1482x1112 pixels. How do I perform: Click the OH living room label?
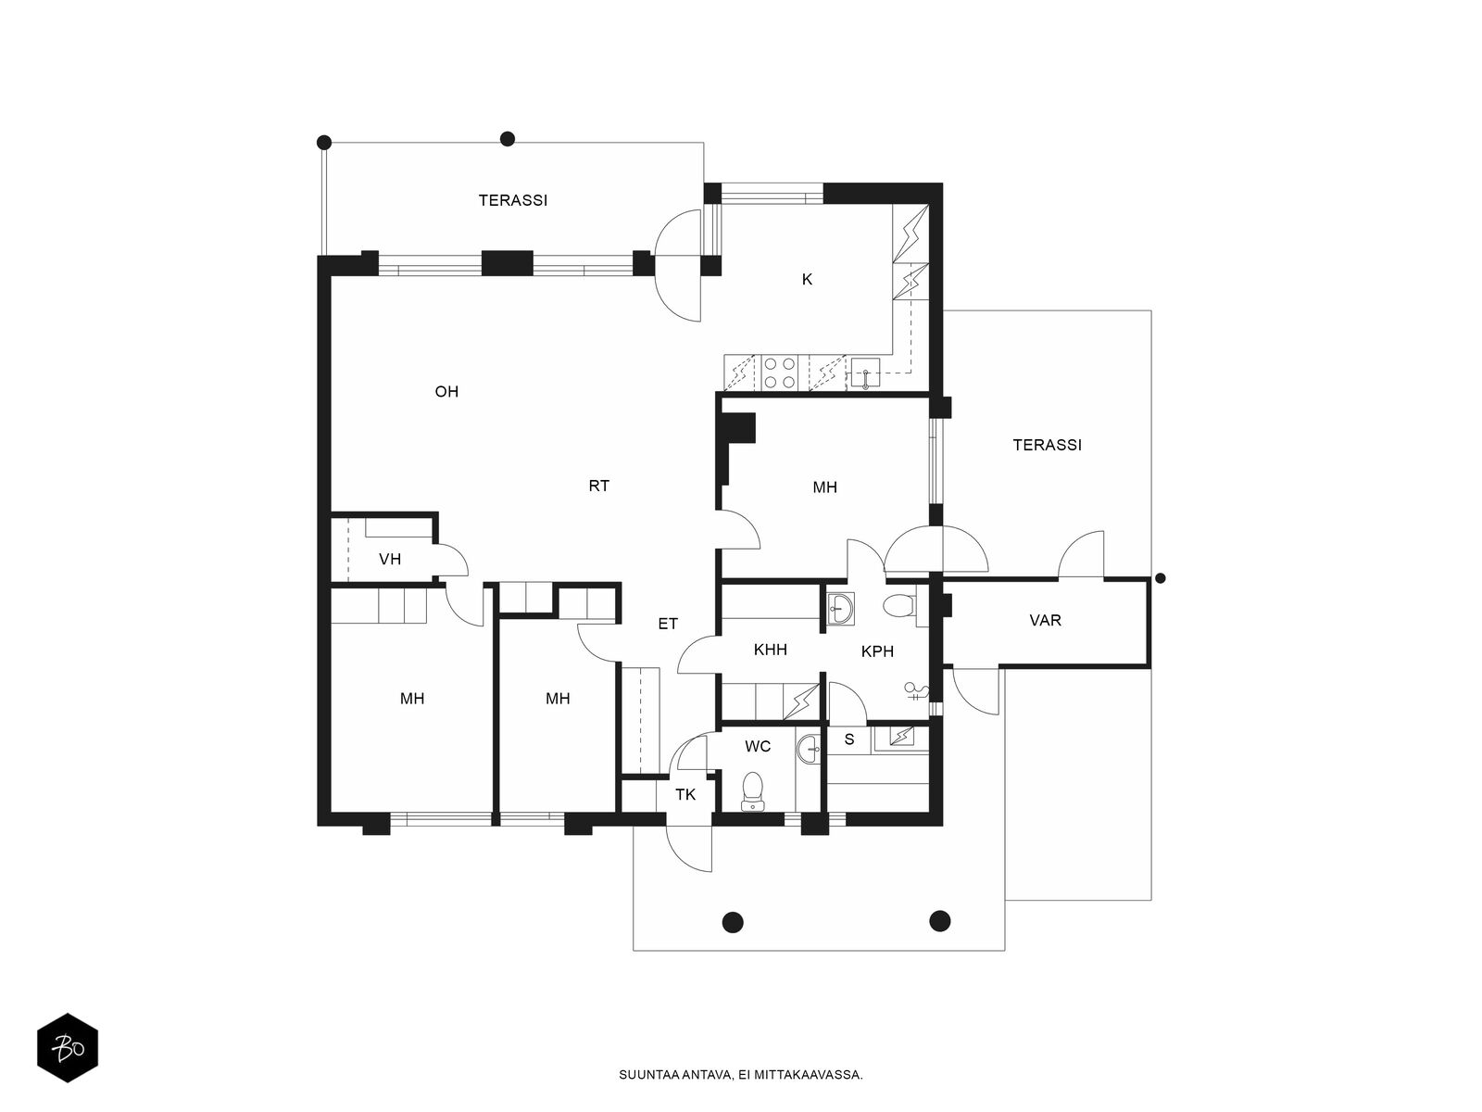[446, 392]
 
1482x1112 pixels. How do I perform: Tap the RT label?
[599, 486]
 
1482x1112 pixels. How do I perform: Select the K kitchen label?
[807, 279]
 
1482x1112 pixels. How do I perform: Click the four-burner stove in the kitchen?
[780, 373]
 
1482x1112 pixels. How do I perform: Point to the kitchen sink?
[865, 373]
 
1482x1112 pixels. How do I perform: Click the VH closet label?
[390, 559]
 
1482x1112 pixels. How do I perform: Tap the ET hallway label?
[668, 624]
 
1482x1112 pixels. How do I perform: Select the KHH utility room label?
[771, 650]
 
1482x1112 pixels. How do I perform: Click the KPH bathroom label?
[878, 651]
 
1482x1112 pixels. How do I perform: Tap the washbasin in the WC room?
[809, 750]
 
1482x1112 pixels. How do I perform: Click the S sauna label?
[849, 739]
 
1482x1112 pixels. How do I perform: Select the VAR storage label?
[1045, 620]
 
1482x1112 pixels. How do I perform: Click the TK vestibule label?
[685, 795]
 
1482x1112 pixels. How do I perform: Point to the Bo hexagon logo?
[68, 1048]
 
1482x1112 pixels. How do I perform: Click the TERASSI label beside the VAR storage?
[1048, 445]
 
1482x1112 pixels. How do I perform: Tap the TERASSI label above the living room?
[513, 200]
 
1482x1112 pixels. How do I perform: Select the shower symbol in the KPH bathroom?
[916, 690]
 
